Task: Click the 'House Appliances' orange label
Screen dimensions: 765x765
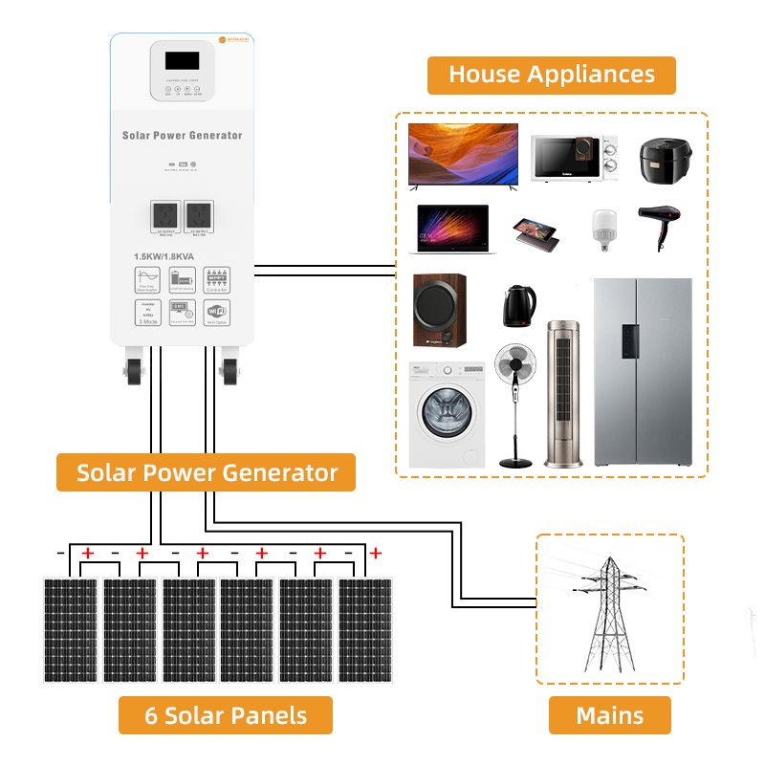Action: tap(551, 75)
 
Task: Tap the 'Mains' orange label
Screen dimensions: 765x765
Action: tap(609, 715)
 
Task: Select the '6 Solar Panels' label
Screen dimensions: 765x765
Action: tap(226, 715)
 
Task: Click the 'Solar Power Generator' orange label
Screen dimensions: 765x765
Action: tap(207, 472)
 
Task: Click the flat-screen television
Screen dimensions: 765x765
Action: tap(463, 153)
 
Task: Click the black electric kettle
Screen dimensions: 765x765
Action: tap(518, 305)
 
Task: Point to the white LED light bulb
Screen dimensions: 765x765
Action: tap(601, 229)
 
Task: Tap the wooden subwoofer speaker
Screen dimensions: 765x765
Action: tap(439, 310)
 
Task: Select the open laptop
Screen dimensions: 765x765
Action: tap(452, 229)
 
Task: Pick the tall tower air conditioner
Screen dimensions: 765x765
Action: tap(562, 392)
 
